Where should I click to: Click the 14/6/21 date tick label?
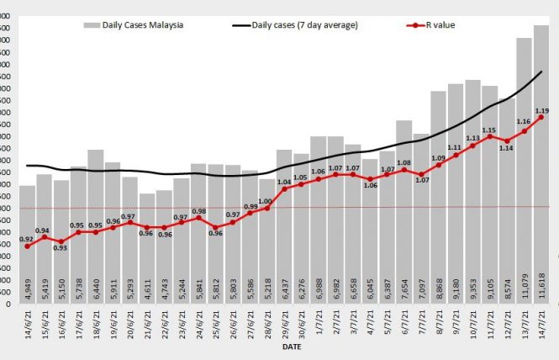pos(28,324)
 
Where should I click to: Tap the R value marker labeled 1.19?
pos(541,117)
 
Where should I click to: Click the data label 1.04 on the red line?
pos(284,182)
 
